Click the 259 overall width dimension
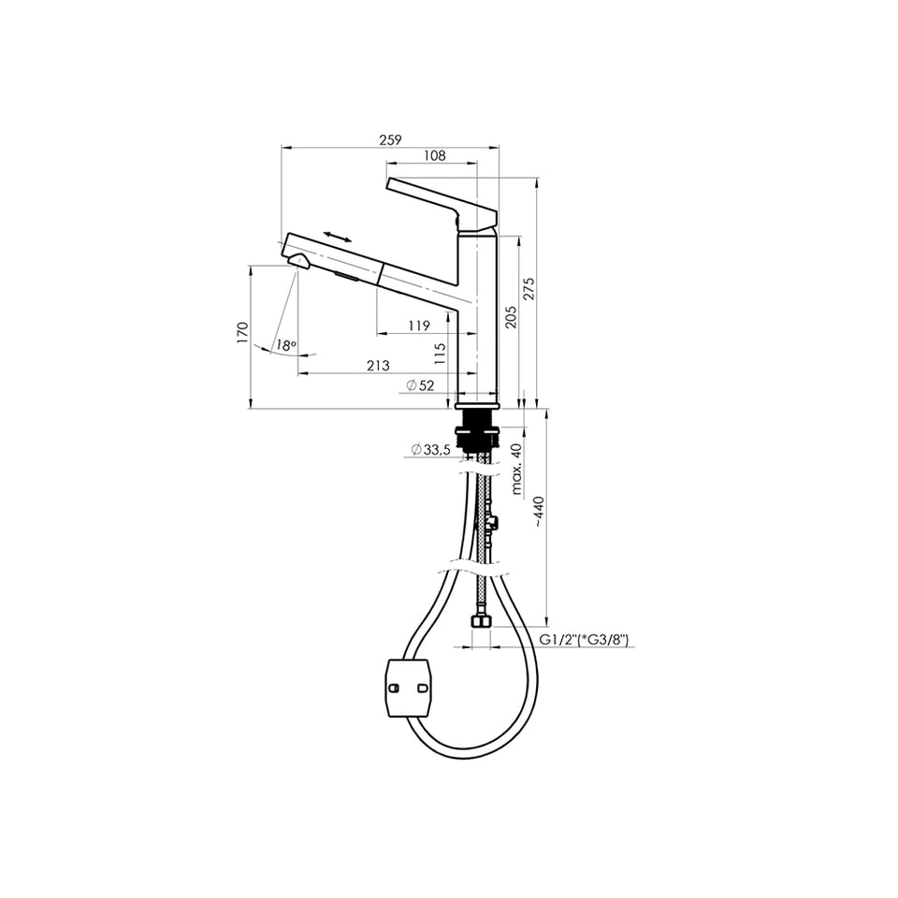391,139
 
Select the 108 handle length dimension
435,155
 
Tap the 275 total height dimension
529,289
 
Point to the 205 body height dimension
511,317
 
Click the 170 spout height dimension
243,333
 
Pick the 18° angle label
286,345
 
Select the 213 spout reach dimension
378,366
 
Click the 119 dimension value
419,326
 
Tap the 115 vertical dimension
440,354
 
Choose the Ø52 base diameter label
420,385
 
